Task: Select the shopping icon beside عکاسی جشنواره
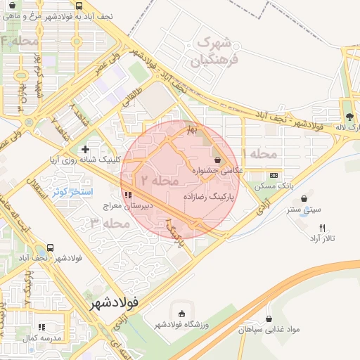tap(217, 160)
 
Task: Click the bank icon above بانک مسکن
tap(274, 175)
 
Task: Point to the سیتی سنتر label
tap(304, 209)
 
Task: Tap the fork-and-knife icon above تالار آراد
tap(323, 228)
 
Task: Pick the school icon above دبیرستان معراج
tap(127, 195)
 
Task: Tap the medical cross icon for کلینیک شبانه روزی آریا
tap(85, 149)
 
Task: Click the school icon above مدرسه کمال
tap(41, 328)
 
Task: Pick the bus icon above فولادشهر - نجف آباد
tap(50, 247)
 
